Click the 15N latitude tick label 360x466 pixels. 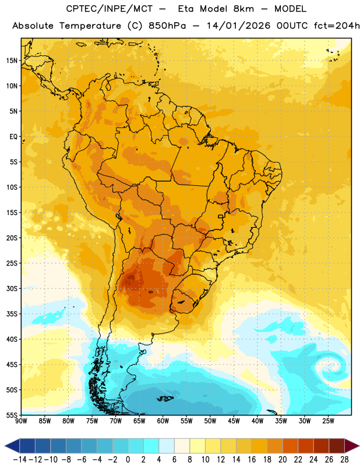coord(11,61)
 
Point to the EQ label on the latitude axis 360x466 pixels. coord(13,137)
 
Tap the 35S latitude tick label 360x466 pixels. coord(12,314)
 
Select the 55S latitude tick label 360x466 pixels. coord(12,415)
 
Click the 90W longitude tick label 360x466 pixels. coord(21,421)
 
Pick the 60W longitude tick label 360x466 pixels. coord(163,421)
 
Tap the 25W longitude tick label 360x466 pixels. coord(328,421)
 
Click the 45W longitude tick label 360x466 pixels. coord(234,421)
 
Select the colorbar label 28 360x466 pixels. coord(344,460)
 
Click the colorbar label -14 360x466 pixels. coord(20,460)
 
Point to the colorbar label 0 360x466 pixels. coord(128,460)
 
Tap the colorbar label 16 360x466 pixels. coord(252,460)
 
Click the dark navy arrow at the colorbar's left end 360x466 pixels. coord(12,446)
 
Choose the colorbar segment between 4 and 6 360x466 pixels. coord(167,446)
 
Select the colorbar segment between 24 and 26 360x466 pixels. coord(322,446)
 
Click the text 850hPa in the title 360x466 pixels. coord(167,26)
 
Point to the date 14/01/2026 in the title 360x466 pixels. coord(238,26)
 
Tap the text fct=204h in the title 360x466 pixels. coord(337,26)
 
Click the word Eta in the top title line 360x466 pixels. coord(186,9)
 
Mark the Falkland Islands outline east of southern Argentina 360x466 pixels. coord(165,398)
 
